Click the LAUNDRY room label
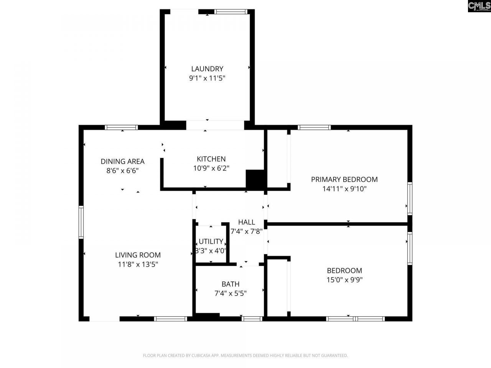(207, 69)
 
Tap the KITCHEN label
(211, 159)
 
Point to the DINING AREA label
(122, 161)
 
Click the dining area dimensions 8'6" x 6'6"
(122, 171)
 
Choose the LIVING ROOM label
(138, 255)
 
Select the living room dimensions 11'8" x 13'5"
(138, 264)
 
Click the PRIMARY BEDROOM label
(344, 179)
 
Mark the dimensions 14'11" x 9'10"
(344, 189)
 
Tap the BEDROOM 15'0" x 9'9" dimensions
(344, 280)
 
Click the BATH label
(230, 284)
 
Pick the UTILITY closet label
(211, 242)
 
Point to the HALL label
(246, 222)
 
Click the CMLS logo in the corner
(479, 6)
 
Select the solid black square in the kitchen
(255, 179)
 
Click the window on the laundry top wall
(230, 12)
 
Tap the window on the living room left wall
(81, 222)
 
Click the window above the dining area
(121, 128)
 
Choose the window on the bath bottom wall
(252, 319)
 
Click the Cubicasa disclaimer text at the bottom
(245, 356)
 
